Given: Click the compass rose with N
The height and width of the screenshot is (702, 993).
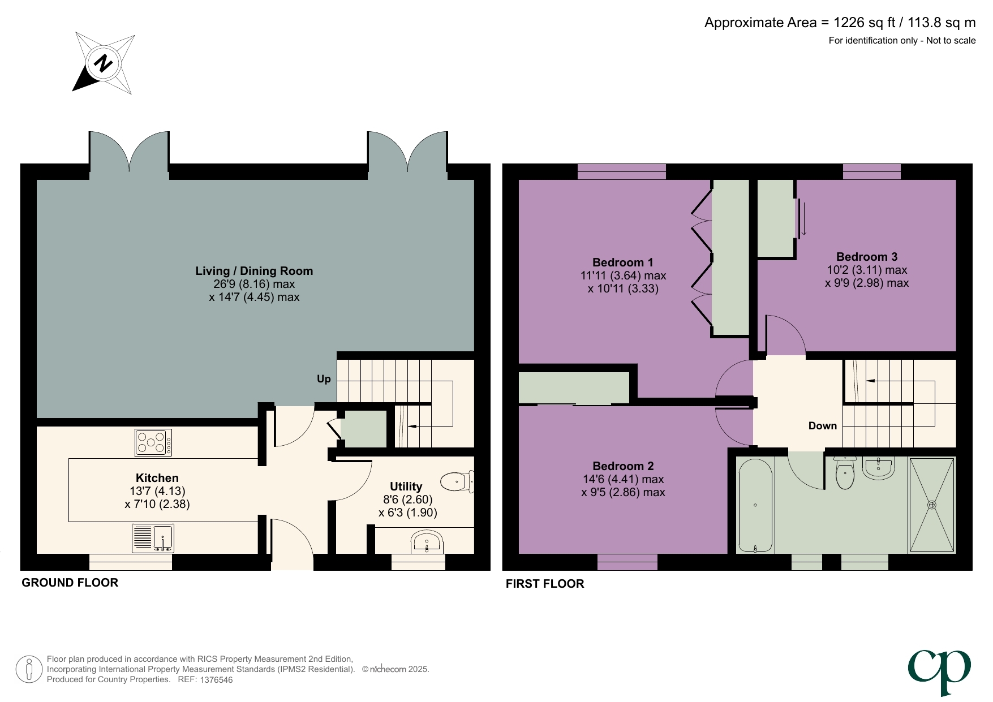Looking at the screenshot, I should pyautogui.click(x=104, y=63).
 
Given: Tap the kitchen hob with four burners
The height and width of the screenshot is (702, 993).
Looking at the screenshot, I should pyautogui.click(x=153, y=442).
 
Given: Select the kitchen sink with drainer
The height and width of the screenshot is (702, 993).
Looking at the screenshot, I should pyautogui.click(x=153, y=538).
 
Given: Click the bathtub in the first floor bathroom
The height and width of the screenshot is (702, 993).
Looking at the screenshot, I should pyautogui.click(x=755, y=505).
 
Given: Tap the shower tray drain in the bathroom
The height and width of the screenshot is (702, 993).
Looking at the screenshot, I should pyautogui.click(x=931, y=505).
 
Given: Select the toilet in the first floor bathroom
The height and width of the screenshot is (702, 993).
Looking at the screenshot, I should pyautogui.click(x=845, y=475).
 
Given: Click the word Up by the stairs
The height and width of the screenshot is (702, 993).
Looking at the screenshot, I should pyautogui.click(x=324, y=379).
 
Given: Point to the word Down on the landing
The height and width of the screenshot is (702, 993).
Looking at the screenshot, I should pyautogui.click(x=822, y=426).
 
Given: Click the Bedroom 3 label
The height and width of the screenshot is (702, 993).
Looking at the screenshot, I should pyautogui.click(x=867, y=257).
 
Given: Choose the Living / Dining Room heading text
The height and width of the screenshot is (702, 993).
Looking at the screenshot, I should pyautogui.click(x=254, y=271).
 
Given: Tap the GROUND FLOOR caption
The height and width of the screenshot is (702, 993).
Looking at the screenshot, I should pyautogui.click(x=70, y=583).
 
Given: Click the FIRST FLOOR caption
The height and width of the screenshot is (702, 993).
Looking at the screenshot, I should pyautogui.click(x=545, y=584).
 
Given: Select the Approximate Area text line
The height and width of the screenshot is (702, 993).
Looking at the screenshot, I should pyautogui.click(x=840, y=23).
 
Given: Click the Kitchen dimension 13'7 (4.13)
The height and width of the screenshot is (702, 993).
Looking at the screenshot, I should pyautogui.click(x=157, y=491).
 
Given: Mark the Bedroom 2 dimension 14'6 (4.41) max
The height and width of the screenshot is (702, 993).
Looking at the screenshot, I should pyautogui.click(x=623, y=479).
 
